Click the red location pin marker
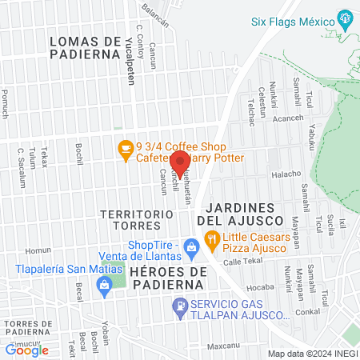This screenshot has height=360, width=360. click(x=179, y=162)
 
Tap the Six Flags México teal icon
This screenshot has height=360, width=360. click(x=345, y=18)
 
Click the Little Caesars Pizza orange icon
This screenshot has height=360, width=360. click(x=211, y=238)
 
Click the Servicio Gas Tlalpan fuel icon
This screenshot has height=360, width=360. click(x=181, y=305)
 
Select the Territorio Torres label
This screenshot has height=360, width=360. click(x=138, y=221)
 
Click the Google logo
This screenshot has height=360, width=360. click(x=26, y=350)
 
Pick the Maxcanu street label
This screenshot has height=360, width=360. click(x=223, y=346)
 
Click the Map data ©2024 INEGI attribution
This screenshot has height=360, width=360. click(x=311, y=354)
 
